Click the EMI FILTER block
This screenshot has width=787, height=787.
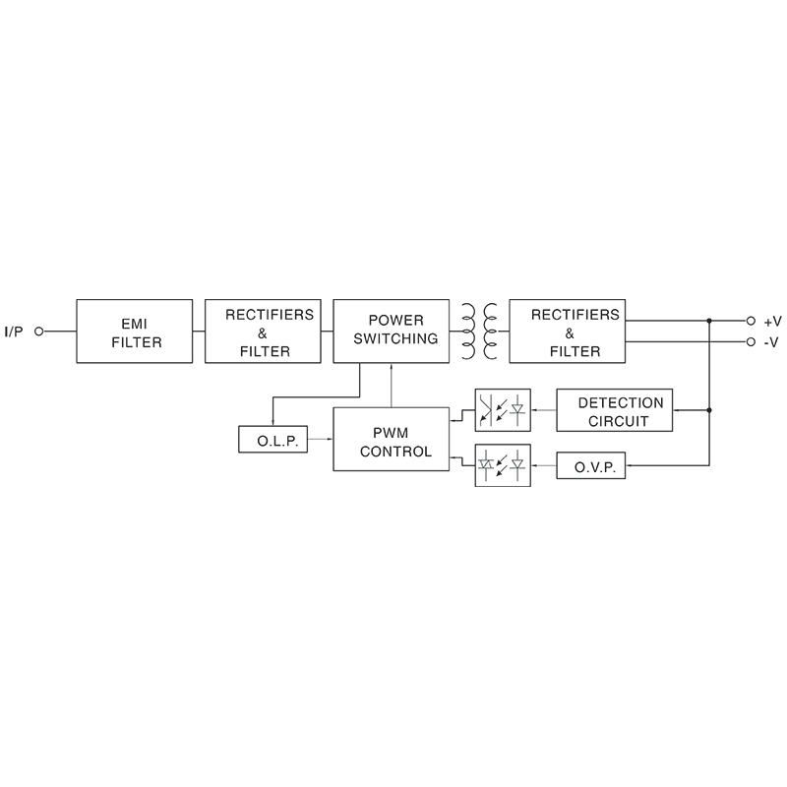coord(134,332)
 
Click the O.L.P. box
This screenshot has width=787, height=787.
coord(272,439)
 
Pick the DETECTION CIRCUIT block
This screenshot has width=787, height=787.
coord(615,411)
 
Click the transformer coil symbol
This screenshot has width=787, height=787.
coord(477,332)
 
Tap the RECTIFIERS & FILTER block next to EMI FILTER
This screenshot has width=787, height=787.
coord(263,332)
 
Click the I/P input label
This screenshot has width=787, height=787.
coord(14,332)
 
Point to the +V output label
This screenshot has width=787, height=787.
coord(771,321)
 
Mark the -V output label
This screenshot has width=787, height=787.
coord(771,342)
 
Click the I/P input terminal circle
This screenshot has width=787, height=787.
coord(39,332)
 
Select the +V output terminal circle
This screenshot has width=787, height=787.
coord(751,321)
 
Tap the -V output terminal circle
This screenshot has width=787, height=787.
coord(751,342)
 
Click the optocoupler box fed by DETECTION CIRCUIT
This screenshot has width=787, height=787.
coord(502,411)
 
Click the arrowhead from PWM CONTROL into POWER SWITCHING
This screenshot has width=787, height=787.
coord(392,367)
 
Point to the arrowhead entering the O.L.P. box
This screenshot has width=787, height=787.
coord(272,422)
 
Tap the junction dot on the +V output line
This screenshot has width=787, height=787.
coord(709,321)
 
